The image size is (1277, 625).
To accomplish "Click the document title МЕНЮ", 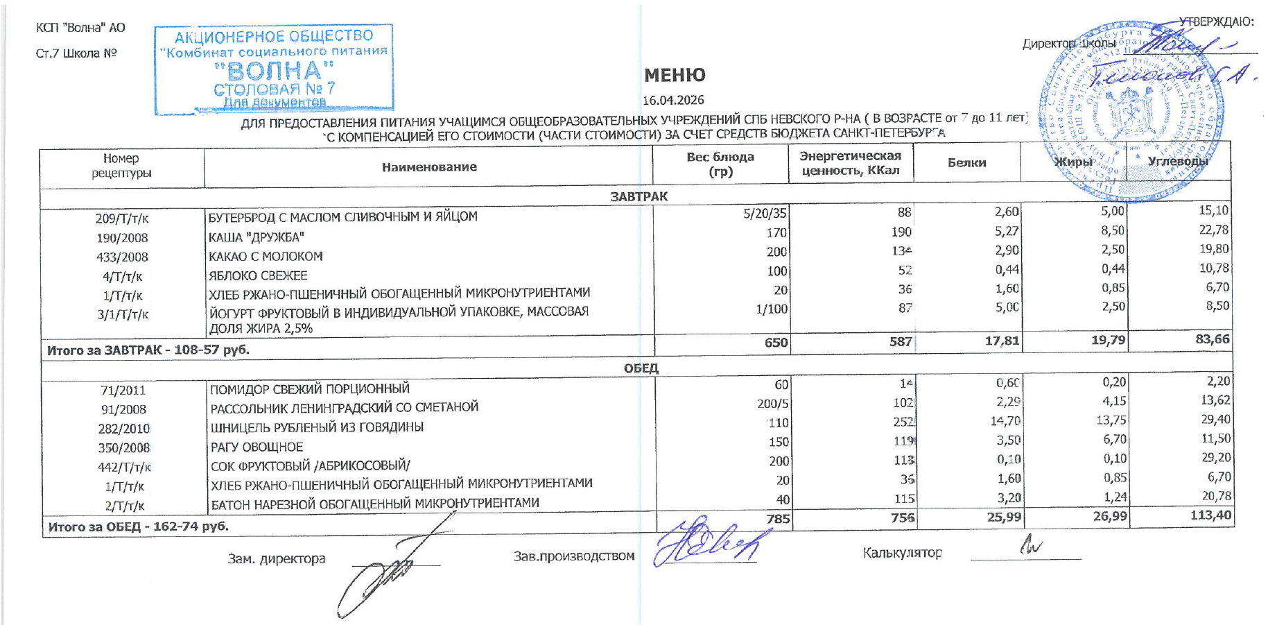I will click(x=675, y=75).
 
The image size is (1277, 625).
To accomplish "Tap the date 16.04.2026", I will click(x=673, y=100).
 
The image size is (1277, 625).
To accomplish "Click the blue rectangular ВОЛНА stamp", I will click(x=274, y=69).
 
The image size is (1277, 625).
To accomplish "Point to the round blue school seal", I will click(x=1131, y=111).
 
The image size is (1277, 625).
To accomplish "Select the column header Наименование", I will click(x=429, y=167).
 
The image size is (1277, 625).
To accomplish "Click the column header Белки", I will click(x=966, y=163).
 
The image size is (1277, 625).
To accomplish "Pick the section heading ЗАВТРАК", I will click(x=638, y=197).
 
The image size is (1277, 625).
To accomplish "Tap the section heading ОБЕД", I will click(x=641, y=368).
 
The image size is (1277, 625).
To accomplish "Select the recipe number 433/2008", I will click(x=122, y=257).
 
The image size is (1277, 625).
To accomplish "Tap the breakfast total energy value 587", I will click(x=901, y=342).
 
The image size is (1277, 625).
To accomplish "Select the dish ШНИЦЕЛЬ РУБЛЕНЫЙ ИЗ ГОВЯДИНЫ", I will click(x=317, y=427).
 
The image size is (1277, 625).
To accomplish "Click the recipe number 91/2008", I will click(x=123, y=410).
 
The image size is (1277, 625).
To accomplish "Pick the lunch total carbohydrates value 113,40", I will click(x=1210, y=515).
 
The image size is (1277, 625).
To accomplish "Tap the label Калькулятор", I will click(x=902, y=553).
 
